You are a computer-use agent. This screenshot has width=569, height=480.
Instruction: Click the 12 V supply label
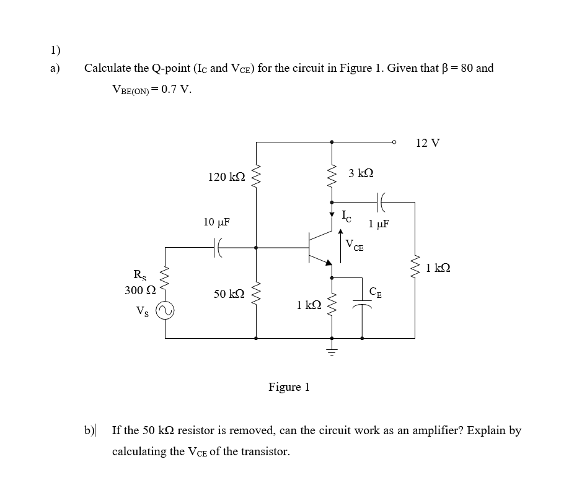pos(428,143)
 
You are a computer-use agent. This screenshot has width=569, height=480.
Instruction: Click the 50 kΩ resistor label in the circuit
pos(227,295)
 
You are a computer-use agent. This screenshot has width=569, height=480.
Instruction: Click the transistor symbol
pos(320,247)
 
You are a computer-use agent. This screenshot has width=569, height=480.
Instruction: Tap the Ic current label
pos(346,216)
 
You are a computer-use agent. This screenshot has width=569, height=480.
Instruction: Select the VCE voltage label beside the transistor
pos(355,245)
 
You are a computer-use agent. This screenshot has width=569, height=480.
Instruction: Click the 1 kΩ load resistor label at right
pos(438,269)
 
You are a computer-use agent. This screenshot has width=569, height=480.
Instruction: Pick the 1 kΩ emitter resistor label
pos(308,305)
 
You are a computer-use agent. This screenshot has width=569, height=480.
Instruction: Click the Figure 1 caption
pos(289,388)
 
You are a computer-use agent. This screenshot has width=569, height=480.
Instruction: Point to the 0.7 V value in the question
pos(176,89)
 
